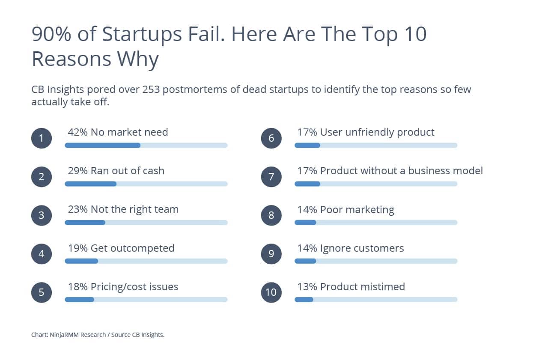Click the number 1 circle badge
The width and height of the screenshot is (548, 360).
click(x=42, y=138)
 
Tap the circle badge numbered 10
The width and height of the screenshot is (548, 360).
click(x=271, y=292)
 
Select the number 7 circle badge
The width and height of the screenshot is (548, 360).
click(x=271, y=177)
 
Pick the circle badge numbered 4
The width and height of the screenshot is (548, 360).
click(x=42, y=254)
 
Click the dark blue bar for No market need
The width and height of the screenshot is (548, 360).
click(x=103, y=145)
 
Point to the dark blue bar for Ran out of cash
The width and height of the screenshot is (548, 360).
click(x=90, y=184)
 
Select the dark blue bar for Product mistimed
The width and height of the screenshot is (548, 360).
click(x=304, y=300)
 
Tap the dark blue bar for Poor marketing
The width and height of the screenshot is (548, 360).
click(x=305, y=222)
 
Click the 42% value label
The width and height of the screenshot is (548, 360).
click(x=77, y=132)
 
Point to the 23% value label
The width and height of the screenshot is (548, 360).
click(x=77, y=209)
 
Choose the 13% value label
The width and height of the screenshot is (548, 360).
click(x=307, y=287)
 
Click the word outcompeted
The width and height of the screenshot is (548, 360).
click(x=143, y=249)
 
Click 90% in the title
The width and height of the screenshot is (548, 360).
click(x=51, y=34)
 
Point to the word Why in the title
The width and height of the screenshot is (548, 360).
click(x=138, y=60)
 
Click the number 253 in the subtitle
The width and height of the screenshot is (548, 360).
click(x=151, y=89)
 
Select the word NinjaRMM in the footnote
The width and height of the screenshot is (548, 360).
click(x=64, y=335)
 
